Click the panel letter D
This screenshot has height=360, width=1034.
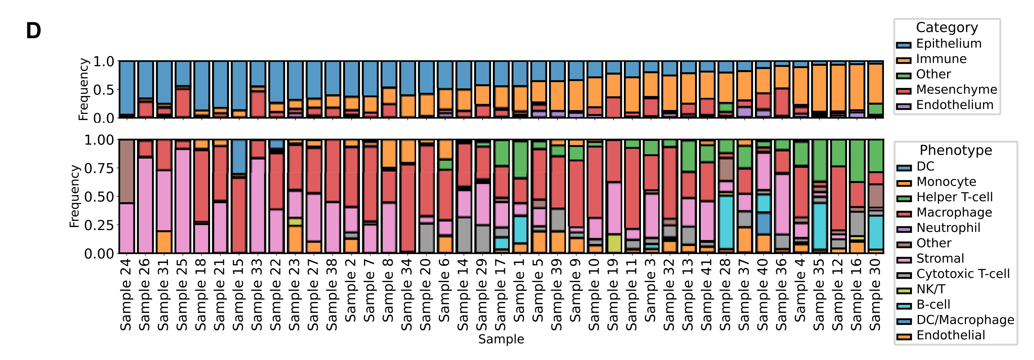coord(33,31)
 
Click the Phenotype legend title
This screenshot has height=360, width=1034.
coord(955,150)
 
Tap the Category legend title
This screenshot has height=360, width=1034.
coord(947,27)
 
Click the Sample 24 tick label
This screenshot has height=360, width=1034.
coord(126,295)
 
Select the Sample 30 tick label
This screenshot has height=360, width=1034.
coord(875,295)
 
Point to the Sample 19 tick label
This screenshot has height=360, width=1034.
coord(613,295)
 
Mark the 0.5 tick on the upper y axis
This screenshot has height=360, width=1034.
coord(103,90)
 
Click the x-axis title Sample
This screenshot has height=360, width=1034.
coord(501,339)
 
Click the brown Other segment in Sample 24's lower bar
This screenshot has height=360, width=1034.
coord(127,172)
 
